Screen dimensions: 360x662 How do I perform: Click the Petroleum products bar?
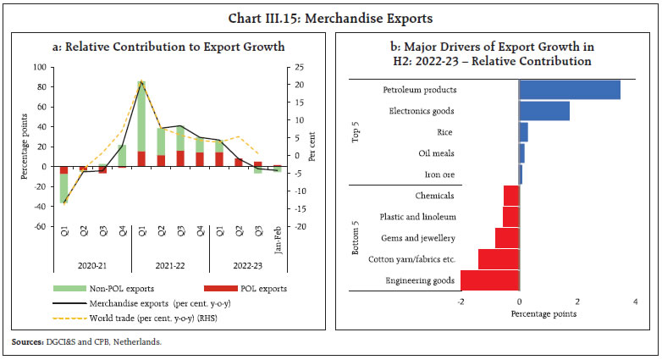pyautogui.click(x=569, y=90)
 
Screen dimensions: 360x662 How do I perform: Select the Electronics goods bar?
pyautogui.click(x=543, y=111)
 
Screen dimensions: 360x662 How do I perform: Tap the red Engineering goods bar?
pyautogui.click(x=489, y=280)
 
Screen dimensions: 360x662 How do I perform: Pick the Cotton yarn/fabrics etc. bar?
pyautogui.click(x=499, y=259)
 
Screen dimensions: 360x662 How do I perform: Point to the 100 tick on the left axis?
pyautogui.click(x=39, y=67)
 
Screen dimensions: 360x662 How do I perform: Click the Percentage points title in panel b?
pyautogui.click(x=543, y=314)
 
